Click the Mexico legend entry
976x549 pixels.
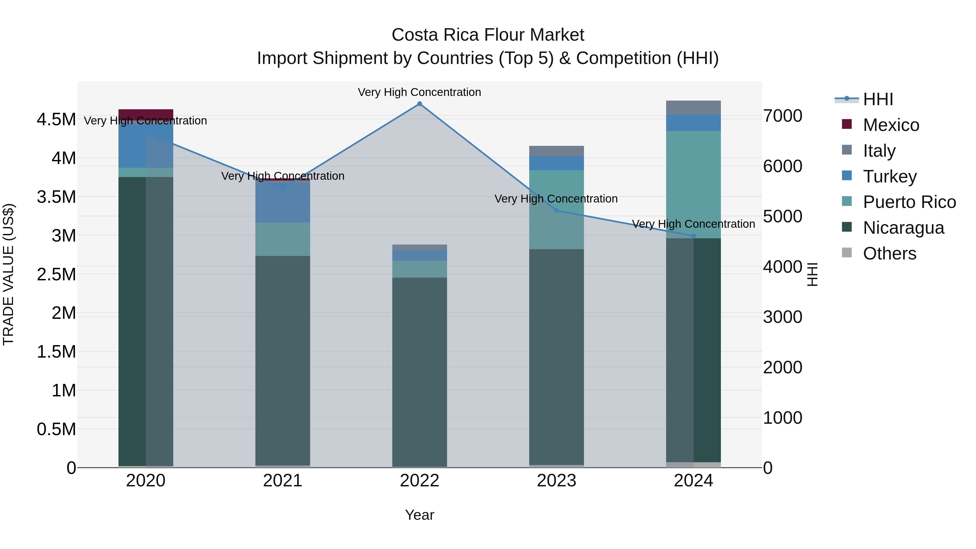tap(890, 125)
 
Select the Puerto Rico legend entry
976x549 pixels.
tap(909, 202)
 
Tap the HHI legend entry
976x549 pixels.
tap(878, 99)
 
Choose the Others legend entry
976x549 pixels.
tap(889, 253)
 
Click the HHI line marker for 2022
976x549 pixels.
tap(419, 104)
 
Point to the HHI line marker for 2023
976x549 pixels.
tap(557, 211)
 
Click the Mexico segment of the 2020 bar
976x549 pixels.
tap(146, 114)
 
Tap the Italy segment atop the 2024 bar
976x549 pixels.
tap(693, 108)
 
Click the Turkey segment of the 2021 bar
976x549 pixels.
tap(283, 203)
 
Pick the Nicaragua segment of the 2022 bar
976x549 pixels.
tap(419, 371)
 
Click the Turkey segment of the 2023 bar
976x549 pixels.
tap(557, 163)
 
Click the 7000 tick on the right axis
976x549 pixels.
tap(782, 116)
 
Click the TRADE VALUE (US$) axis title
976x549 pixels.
tap(8, 274)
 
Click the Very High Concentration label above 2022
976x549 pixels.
tap(419, 92)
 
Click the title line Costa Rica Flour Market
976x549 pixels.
tap(488, 35)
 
